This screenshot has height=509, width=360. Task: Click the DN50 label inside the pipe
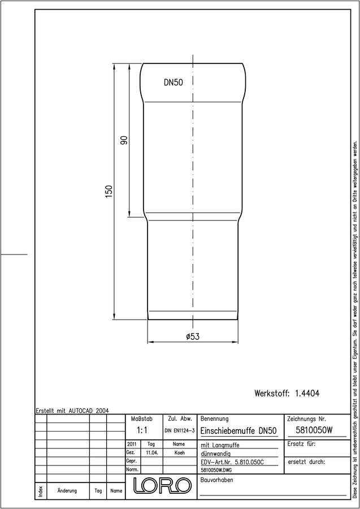173,83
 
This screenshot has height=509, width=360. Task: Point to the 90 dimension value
124,140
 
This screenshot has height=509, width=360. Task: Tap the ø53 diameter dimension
193,337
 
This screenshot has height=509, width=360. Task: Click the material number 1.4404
307,394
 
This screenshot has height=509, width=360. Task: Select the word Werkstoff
272,394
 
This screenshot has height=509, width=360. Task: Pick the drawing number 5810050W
314,430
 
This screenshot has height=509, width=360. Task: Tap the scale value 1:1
142,430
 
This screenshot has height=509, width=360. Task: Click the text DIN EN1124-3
180,431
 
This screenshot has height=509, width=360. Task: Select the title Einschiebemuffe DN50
238,431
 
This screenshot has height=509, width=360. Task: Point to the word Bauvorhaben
216,480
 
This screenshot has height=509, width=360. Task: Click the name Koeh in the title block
179,452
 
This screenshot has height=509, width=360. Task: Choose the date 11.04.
152,452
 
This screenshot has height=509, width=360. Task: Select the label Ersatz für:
301,444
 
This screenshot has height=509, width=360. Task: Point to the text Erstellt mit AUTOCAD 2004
72,411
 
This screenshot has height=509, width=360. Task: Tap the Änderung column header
67,490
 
